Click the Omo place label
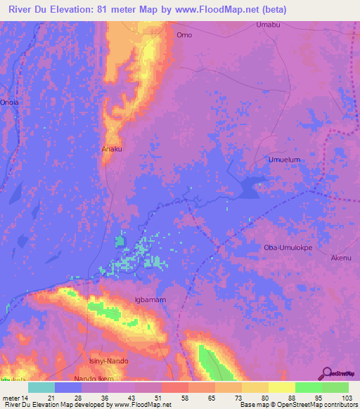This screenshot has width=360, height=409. [x=184, y=34]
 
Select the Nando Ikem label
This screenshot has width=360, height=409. [x=95, y=379]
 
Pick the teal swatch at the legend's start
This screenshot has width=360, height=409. [x=41, y=387]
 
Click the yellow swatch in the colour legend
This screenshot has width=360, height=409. [x=282, y=387]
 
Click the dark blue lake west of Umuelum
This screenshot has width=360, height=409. [x=248, y=187]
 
